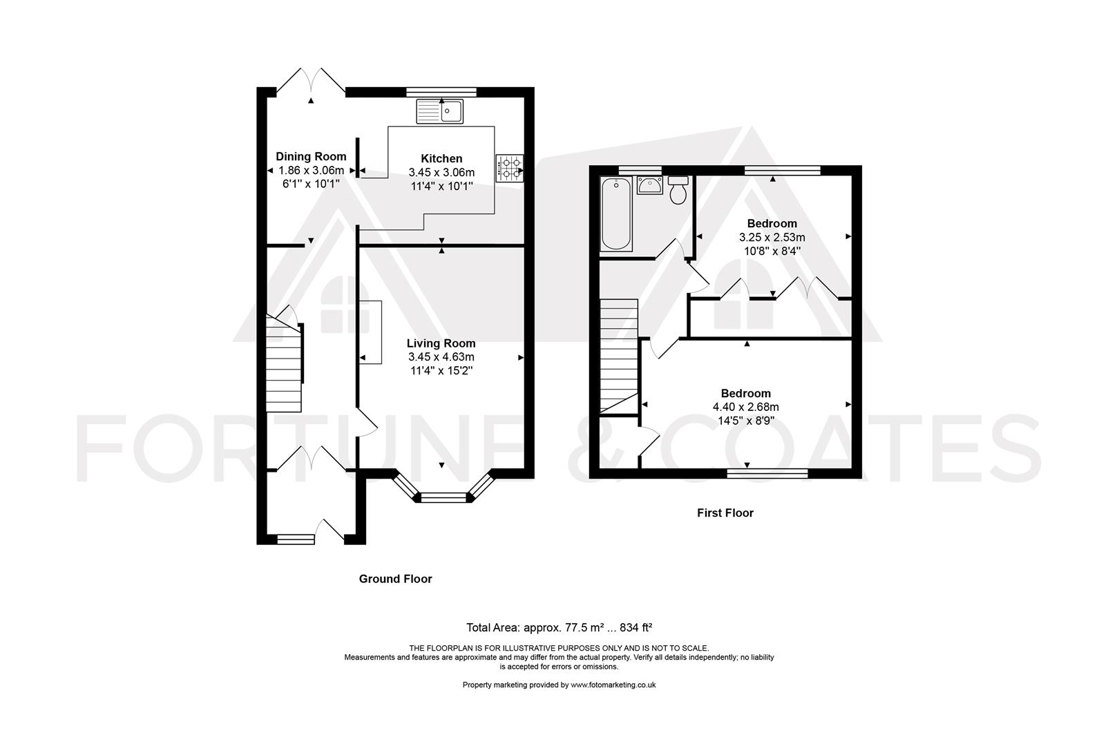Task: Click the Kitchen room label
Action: [x=441, y=158]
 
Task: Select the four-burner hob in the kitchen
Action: [x=510, y=169]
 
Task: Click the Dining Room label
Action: [x=311, y=157]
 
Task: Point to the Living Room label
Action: [x=441, y=343]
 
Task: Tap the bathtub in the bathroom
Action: [x=616, y=213]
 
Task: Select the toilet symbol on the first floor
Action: [x=678, y=191]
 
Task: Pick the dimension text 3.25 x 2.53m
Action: [x=772, y=238]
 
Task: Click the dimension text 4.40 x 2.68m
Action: [x=745, y=408]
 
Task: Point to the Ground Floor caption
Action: [x=395, y=579]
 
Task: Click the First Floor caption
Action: [x=725, y=513]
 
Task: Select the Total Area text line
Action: [x=559, y=628]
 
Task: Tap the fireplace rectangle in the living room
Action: [x=370, y=332]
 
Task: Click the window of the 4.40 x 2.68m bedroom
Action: [x=767, y=473]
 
